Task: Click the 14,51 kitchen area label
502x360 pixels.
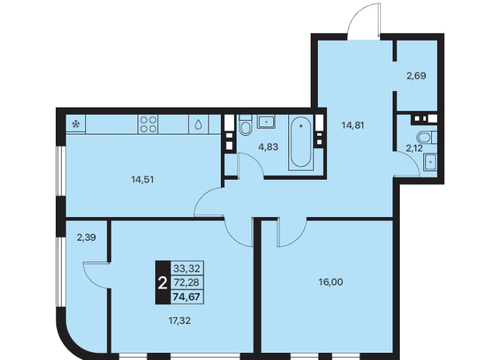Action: tap(142, 180)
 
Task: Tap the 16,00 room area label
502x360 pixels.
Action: tap(331, 282)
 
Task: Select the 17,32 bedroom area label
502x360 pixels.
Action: tap(180, 321)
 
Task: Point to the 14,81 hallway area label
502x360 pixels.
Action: tap(353, 125)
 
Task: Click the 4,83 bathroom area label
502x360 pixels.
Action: tap(268, 147)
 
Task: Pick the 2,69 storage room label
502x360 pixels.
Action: tap(416, 76)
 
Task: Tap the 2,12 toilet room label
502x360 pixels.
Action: tap(414, 148)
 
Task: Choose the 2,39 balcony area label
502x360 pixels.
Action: tap(87, 237)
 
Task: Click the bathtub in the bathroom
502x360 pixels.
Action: tap(301, 142)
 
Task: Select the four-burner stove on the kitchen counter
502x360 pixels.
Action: tap(149, 125)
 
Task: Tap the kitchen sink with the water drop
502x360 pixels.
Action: tap(199, 125)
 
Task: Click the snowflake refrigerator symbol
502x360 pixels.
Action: tap(76, 124)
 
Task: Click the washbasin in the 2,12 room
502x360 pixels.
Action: tap(431, 162)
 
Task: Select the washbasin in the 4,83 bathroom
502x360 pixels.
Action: tap(266, 122)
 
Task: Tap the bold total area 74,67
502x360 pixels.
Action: tap(186, 297)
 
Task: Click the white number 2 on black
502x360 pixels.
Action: tap(163, 283)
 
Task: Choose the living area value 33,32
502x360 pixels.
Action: tap(187, 268)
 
